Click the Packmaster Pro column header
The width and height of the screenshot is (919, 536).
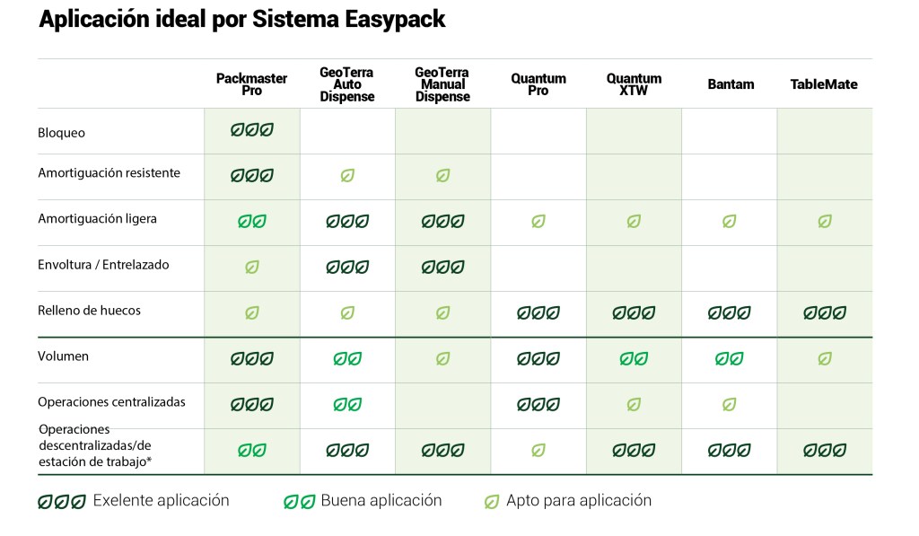coord(251,84)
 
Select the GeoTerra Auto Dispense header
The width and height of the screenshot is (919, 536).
coord(346,84)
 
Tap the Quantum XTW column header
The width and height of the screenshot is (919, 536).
coord(634,84)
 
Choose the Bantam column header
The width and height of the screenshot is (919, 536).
coord(730,84)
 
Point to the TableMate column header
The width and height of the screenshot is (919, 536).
coord(824,84)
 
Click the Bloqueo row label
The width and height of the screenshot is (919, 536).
coord(61,133)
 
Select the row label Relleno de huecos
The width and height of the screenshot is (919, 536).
coord(89,311)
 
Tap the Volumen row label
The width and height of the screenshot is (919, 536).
coord(63,356)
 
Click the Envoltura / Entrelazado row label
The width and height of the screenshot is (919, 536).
coord(103,265)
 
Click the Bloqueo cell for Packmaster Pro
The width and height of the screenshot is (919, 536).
coord(251,130)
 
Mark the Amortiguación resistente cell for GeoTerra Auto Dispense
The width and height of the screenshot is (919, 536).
coord(347,176)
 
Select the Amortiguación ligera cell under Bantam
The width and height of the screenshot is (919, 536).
coord(730,221)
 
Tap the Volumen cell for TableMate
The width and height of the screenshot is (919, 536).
coord(824,358)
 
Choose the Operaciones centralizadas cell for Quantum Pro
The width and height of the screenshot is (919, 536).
coord(538,404)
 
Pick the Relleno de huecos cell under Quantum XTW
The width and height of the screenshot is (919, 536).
coord(634,313)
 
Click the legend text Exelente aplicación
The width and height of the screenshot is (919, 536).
coord(161,501)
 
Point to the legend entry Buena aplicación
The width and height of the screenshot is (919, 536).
coord(381,501)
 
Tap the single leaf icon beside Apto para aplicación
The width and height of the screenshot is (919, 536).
coord(492,502)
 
